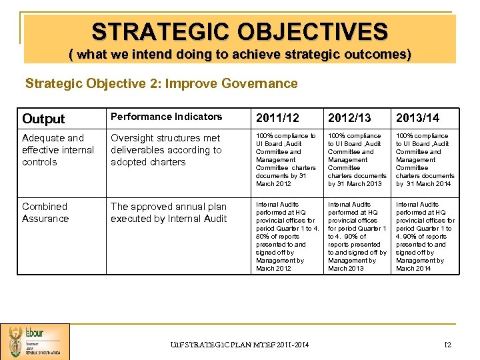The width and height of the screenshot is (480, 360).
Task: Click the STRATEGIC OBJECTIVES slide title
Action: [x=239, y=31]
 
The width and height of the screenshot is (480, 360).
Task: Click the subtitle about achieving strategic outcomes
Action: [x=239, y=54]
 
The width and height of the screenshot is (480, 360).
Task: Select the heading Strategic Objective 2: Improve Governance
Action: [x=161, y=83]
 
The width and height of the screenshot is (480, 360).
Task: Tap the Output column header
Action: [x=43, y=119]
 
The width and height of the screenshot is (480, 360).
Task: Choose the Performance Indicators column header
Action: [x=166, y=117]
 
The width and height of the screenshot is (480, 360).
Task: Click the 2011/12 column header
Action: [x=278, y=119]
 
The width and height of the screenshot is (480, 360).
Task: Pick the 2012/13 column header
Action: [x=349, y=119]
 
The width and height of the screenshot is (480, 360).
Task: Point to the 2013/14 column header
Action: [x=418, y=119]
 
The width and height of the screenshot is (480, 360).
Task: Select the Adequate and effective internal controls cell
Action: [x=58, y=150]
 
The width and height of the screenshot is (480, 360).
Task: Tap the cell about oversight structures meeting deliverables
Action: [x=166, y=150]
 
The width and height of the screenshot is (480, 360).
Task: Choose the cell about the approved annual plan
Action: [x=169, y=213]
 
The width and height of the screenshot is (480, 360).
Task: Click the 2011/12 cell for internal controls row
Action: [x=286, y=160]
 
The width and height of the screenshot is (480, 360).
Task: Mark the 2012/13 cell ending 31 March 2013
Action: [x=357, y=160]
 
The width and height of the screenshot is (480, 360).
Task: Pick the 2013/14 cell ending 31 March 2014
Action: [x=425, y=160]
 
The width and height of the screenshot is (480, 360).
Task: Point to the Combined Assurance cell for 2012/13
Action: [x=357, y=237]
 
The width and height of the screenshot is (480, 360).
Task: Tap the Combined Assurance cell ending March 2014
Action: [x=425, y=237]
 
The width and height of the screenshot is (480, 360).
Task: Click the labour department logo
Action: [x=35, y=341]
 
